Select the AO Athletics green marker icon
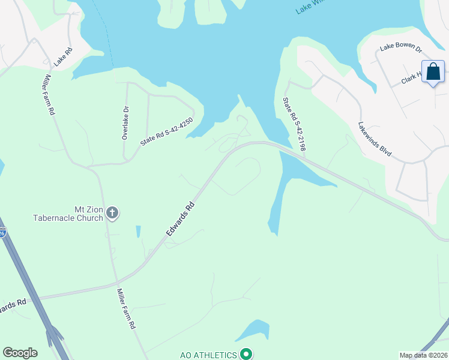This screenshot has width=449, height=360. (245, 355)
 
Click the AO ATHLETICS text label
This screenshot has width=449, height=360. (208, 355)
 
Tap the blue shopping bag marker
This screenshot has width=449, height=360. (433, 72)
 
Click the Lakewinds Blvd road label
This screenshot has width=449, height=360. (375, 140)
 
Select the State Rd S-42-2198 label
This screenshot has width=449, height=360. (294, 124)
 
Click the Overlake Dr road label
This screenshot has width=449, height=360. (125, 122)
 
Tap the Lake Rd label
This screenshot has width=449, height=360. (62, 57)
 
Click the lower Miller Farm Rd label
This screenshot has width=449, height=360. (126, 308)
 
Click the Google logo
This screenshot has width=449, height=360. (20, 353)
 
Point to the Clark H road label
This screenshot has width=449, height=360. (413, 77)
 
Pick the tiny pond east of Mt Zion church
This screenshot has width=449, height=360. (138, 232)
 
